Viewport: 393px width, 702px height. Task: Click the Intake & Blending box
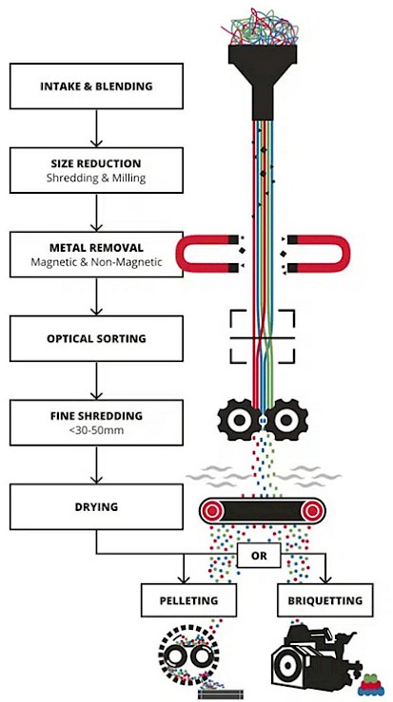pyautogui.click(x=96, y=85)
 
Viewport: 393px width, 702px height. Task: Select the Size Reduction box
pyautogui.click(x=96, y=170)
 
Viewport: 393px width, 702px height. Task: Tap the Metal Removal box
pyautogui.click(x=96, y=255)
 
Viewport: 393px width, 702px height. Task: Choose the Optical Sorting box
pyautogui.click(x=96, y=338)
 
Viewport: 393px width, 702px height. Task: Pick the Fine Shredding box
pyautogui.click(x=96, y=423)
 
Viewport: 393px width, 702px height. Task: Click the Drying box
pyautogui.click(x=96, y=507)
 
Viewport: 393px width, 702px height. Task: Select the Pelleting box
pyautogui.click(x=188, y=600)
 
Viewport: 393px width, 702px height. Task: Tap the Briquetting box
pyautogui.click(x=325, y=600)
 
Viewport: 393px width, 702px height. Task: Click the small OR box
pyautogui.click(x=259, y=556)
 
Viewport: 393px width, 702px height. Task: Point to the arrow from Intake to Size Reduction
pyautogui.click(x=96, y=128)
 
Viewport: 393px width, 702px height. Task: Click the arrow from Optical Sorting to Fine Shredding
pyautogui.click(x=96, y=381)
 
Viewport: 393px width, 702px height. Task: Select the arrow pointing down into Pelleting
pyautogui.click(x=184, y=569)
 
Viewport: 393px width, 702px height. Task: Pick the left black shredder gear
pyautogui.click(x=238, y=420)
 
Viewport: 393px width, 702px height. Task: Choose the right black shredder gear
pyautogui.click(x=285, y=420)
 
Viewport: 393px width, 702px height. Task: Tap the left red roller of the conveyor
pyautogui.click(x=213, y=510)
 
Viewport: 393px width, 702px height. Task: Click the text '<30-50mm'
pyautogui.click(x=96, y=430)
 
